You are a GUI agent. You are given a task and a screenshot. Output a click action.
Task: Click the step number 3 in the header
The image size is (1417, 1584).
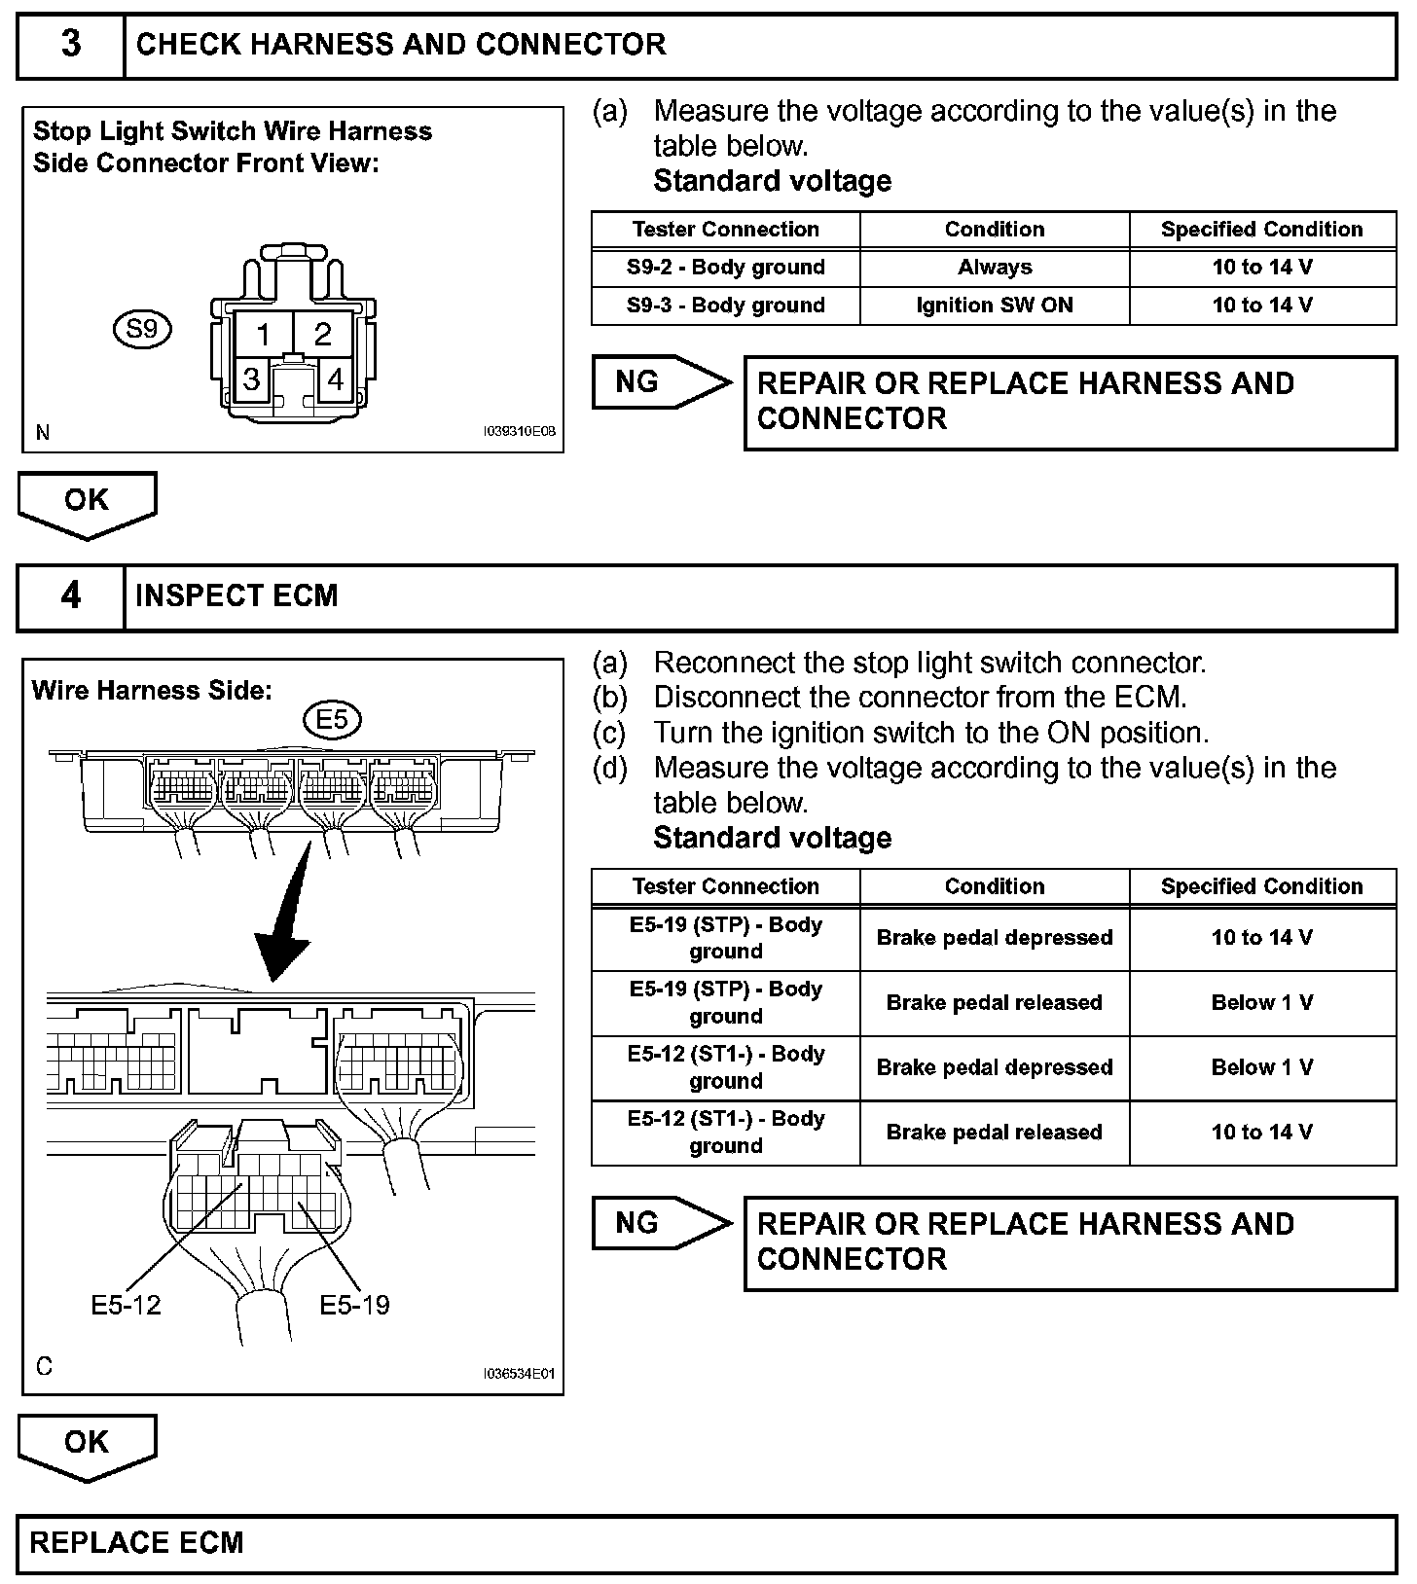[x=71, y=45]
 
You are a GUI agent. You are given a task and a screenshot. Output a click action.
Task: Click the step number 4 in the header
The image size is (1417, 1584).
[x=71, y=595]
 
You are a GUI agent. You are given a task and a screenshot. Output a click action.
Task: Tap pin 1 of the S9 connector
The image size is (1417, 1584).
[x=264, y=335]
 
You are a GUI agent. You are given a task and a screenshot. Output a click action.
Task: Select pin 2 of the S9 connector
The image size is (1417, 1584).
[x=322, y=335]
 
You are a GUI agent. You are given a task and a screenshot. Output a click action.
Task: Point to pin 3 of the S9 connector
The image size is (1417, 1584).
[x=251, y=378]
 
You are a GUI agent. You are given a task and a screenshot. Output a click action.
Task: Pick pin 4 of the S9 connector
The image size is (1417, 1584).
[x=336, y=378]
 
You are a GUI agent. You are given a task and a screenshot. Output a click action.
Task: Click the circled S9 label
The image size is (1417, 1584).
[x=142, y=329]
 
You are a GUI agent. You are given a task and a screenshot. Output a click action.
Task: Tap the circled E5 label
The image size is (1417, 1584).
[x=332, y=719]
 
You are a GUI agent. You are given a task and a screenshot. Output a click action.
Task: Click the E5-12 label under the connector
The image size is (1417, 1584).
[x=126, y=1305]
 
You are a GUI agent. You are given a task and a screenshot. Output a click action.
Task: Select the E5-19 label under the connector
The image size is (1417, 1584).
[x=354, y=1305]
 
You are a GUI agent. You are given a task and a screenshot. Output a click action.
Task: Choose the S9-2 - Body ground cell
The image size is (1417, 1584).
[x=725, y=268]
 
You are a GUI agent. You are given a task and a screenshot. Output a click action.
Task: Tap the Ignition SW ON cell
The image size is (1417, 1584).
[x=994, y=306]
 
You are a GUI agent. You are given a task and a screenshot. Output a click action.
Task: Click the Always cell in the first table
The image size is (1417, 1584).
[x=994, y=268]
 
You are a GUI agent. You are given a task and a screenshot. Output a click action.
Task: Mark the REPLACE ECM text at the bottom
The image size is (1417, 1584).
[x=136, y=1542]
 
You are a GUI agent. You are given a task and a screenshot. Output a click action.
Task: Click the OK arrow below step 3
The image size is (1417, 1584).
[x=87, y=503]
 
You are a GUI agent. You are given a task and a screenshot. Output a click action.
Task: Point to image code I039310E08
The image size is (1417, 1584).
[x=519, y=433]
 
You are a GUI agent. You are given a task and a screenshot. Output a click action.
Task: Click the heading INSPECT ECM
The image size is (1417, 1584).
[x=236, y=595]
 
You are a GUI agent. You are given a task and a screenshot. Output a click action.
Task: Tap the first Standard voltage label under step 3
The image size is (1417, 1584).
[x=772, y=181]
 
